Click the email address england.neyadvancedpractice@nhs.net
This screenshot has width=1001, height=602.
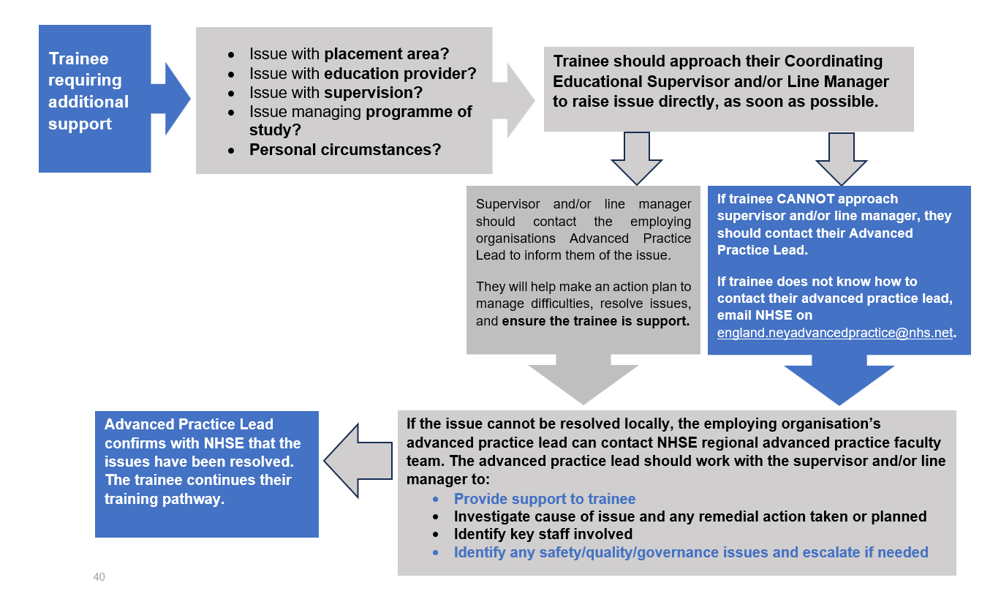tap(836, 332)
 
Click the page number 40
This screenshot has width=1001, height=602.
tap(99, 577)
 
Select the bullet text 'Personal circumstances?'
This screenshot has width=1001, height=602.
tap(345, 149)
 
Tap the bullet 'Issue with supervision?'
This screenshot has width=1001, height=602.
tap(336, 92)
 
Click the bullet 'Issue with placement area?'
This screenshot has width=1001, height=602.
tap(349, 54)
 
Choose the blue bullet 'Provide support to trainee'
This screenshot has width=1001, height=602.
tap(545, 499)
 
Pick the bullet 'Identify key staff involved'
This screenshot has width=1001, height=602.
tap(543, 534)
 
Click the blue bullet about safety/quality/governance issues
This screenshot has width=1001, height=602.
tap(691, 552)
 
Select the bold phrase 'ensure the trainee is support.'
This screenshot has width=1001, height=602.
tap(596, 320)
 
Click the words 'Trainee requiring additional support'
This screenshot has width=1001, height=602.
tap(88, 91)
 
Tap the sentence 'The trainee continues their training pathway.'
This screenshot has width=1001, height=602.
tap(198, 489)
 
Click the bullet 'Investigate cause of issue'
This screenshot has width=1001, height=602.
tap(690, 516)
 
